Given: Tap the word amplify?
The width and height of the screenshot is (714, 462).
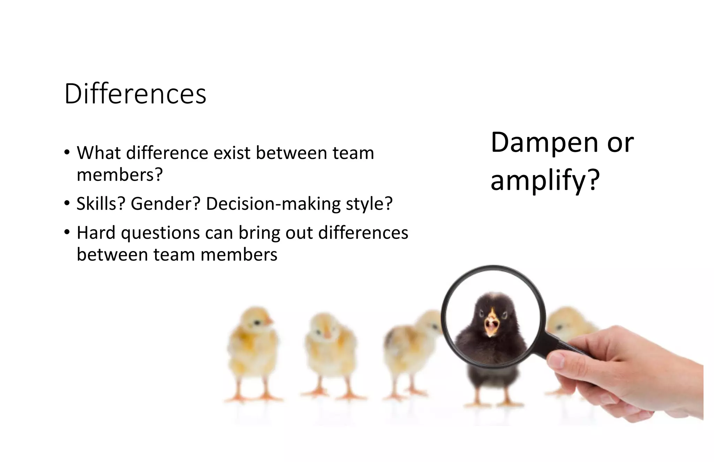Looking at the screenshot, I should [545, 180].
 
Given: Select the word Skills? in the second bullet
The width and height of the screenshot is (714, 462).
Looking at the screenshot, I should [101, 204].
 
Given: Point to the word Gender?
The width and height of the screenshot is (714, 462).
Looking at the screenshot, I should [166, 204].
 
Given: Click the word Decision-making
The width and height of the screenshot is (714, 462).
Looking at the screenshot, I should [273, 204].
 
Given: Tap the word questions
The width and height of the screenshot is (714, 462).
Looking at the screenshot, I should [160, 233].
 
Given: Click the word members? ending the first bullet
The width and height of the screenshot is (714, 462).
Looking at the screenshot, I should [120, 175].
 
